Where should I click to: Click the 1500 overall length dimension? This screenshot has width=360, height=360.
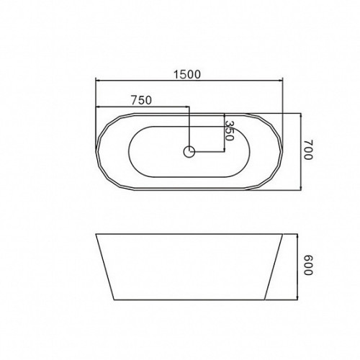pos(187,74)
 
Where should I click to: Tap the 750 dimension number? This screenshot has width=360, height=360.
pos(142,100)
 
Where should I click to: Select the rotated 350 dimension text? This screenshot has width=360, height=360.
pos(229,131)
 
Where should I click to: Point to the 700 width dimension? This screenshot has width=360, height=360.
pos(308,150)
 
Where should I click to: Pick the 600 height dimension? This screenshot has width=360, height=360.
pos(308,265)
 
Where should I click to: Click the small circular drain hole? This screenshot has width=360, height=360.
pos(189,152)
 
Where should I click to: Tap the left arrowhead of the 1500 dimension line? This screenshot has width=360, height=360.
pos(98,81)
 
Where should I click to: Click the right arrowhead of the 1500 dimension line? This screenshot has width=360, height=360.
pos(281,81)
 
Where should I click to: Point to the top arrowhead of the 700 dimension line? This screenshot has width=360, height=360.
pos(301,115)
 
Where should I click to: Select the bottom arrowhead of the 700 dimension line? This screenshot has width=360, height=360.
pos(301,188)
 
